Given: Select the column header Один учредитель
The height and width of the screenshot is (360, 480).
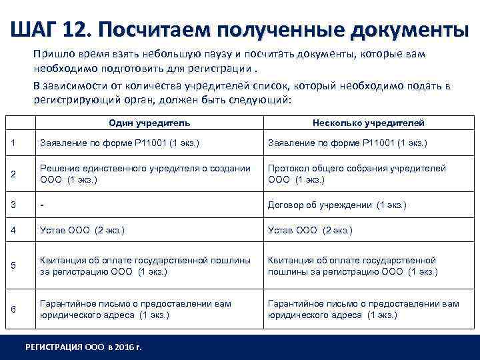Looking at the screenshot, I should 149,123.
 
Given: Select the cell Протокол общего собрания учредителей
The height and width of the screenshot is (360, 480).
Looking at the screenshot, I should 357,174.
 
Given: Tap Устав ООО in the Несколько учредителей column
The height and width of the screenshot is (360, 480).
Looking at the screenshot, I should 310,231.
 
